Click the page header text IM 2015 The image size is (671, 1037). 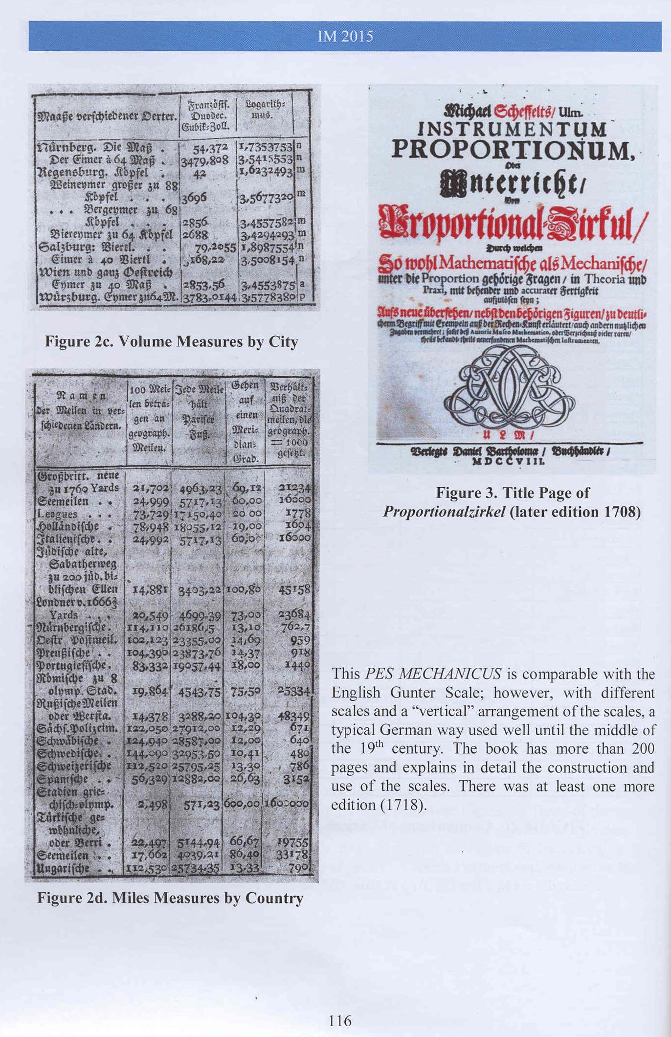[x=345, y=37]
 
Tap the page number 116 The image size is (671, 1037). [x=340, y=1020]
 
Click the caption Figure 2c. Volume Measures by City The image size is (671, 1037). [x=171, y=341]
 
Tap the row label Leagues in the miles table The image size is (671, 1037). [x=57, y=514]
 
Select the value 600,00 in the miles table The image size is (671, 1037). [x=243, y=804]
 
